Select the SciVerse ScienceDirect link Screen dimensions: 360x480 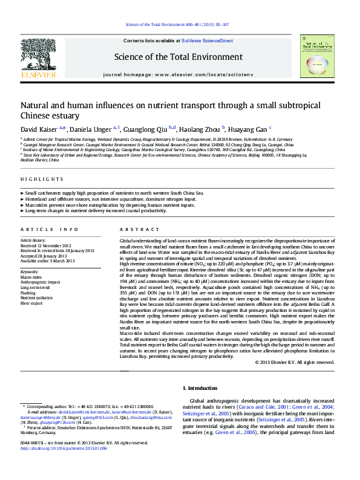pyautogui.click(x=202, y=41)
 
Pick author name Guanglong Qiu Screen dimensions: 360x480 pyautogui.click(x=146, y=129)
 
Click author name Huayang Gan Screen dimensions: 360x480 pyautogui.click(x=249, y=129)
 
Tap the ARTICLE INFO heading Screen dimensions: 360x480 pyautogui.click(x=50, y=230)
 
